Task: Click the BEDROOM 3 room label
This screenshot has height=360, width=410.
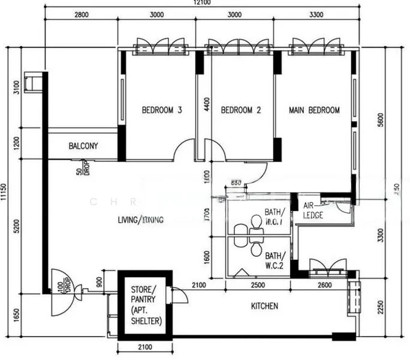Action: click(x=162, y=110)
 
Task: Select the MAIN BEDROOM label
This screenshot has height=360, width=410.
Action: click(x=314, y=110)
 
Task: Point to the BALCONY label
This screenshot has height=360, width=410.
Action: click(x=83, y=146)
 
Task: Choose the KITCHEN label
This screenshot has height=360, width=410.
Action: click(x=264, y=306)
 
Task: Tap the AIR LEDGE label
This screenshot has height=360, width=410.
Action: click(x=313, y=209)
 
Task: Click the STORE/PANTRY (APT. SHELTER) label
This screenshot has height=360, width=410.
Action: click(x=146, y=305)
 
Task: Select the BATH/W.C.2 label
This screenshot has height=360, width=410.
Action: click(x=275, y=260)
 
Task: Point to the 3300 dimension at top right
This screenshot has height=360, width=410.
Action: click(x=316, y=15)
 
